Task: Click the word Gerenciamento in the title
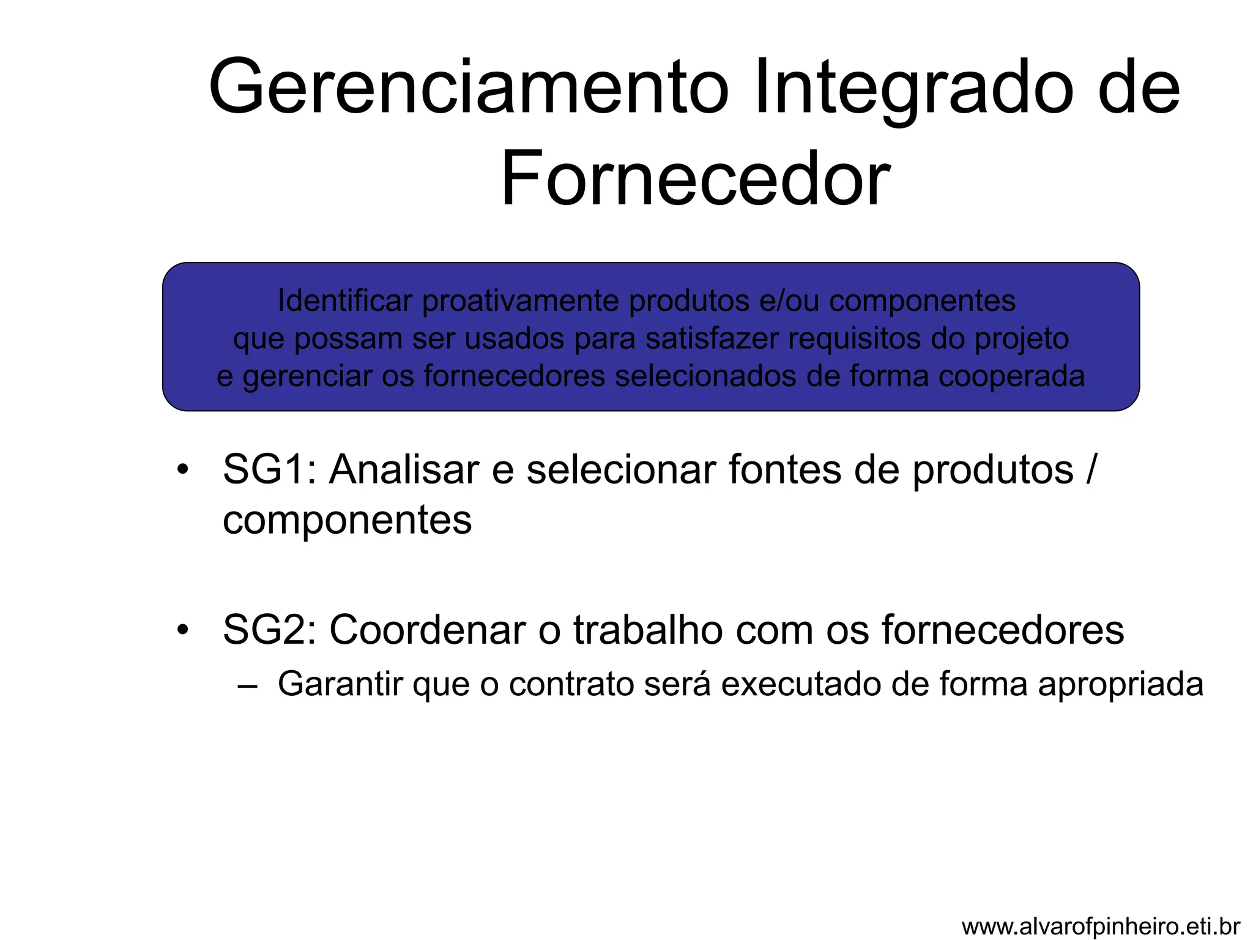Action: (469, 87)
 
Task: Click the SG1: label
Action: (270, 470)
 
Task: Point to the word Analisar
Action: (403, 470)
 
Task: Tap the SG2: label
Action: (270, 630)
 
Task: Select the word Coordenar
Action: (428, 630)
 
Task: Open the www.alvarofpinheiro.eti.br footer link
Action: (1101, 927)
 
